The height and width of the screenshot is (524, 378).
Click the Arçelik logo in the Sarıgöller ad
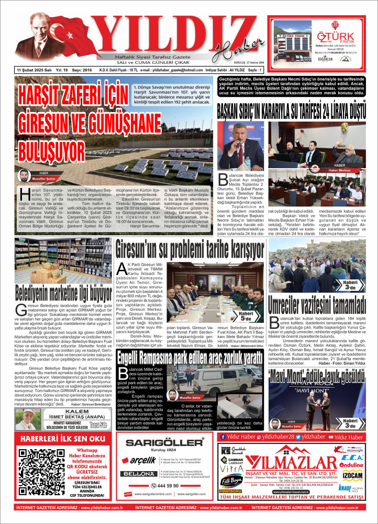click(x=140, y=461)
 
